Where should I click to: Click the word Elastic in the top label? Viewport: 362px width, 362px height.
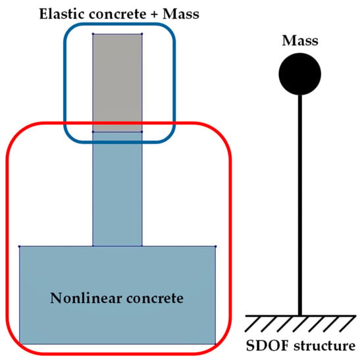(62, 14)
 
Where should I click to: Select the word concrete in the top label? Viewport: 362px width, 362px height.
(118, 14)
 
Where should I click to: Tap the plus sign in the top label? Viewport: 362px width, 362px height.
(155, 14)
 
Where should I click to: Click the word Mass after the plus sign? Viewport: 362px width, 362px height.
(181, 14)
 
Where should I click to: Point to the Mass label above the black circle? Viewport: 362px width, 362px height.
(300, 40)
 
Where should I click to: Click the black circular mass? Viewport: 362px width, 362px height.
(299, 74)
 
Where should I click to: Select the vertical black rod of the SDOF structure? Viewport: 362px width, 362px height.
(300, 205)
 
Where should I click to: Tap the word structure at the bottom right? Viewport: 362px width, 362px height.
(324, 346)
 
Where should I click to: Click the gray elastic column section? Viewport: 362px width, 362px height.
(118, 83)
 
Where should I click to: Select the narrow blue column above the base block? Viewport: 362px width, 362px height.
(118, 189)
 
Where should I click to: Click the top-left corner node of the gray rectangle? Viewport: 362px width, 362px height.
(93, 34)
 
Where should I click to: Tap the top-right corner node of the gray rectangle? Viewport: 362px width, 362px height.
(142, 34)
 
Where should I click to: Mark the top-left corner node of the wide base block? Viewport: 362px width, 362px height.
(20, 246)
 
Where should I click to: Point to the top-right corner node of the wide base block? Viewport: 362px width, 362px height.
(216, 246)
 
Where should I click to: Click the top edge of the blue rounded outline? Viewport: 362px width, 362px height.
(120, 24)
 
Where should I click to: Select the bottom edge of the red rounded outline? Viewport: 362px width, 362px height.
(118, 353)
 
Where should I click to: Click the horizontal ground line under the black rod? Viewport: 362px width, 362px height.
(300, 315)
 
